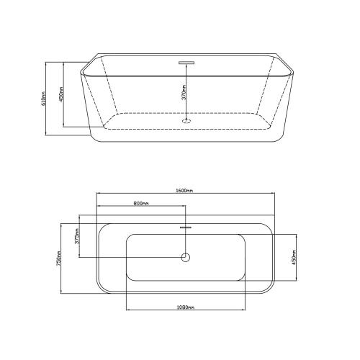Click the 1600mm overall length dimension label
(x=184, y=191)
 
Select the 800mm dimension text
(x=141, y=204)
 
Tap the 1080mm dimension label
(x=186, y=307)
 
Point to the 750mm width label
(x=58, y=258)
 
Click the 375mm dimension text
(x=77, y=236)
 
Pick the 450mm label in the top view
(x=294, y=257)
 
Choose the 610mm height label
(x=43, y=99)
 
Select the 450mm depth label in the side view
(x=61, y=94)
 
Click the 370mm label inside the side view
(x=184, y=92)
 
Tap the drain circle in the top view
(x=186, y=257)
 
